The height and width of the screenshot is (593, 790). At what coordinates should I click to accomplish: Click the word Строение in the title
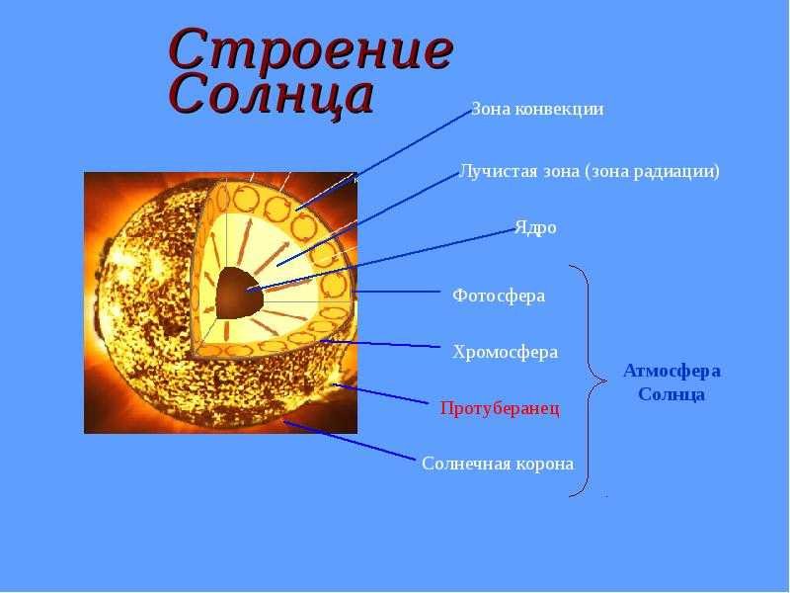pyautogui.click(x=311, y=49)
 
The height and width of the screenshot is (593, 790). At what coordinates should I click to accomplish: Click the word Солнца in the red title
pyautogui.click(x=273, y=95)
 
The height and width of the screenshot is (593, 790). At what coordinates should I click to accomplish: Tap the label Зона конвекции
pyautogui.click(x=537, y=110)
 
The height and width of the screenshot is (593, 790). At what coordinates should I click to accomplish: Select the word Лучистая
pyautogui.click(x=500, y=171)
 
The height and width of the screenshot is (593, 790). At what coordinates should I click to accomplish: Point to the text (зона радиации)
pyautogui.click(x=653, y=172)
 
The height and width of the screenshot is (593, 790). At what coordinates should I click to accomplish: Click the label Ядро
pyautogui.click(x=535, y=228)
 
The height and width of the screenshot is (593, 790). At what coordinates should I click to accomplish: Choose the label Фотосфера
pyautogui.click(x=499, y=296)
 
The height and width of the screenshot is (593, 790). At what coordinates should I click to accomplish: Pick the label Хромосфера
pyautogui.click(x=506, y=352)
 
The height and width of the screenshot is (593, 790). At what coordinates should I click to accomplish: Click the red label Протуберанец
pyautogui.click(x=500, y=408)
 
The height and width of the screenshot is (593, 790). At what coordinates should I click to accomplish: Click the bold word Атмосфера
pyautogui.click(x=672, y=372)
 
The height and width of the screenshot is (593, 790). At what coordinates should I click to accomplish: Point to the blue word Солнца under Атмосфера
pyautogui.click(x=671, y=394)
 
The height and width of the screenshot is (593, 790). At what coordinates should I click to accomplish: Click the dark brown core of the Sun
pyautogui.click(x=240, y=294)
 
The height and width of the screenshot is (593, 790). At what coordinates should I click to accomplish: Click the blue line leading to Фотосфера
pyautogui.click(x=397, y=292)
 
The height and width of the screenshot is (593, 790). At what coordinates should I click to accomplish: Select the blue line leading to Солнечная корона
pyautogui.click(x=350, y=441)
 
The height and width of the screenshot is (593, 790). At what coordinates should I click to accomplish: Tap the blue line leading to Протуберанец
pyautogui.click(x=381, y=393)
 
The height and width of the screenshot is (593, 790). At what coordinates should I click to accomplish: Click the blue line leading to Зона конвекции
pyautogui.click(x=383, y=160)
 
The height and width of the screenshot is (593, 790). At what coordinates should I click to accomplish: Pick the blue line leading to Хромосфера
pyautogui.click(x=381, y=344)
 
